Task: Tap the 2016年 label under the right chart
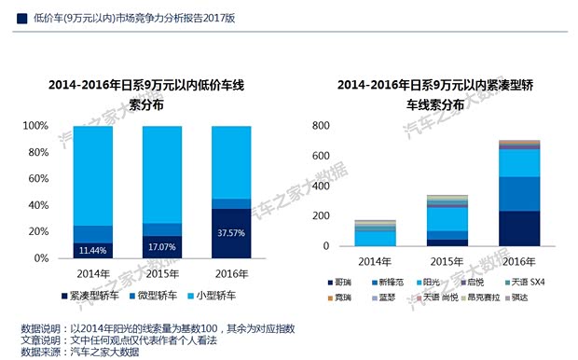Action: tap(518, 261)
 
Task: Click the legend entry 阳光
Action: tap(430, 281)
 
